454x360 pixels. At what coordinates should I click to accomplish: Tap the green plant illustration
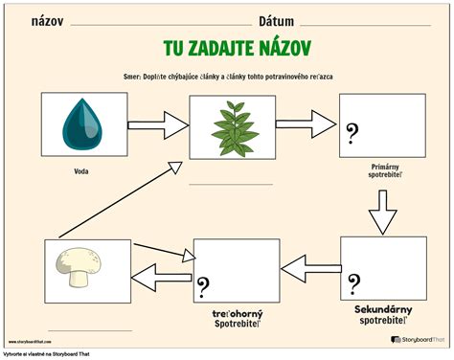(x=227, y=124)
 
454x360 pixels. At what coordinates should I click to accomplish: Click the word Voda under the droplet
(x=81, y=172)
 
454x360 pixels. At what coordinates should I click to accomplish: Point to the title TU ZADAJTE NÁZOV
(x=229, y=48)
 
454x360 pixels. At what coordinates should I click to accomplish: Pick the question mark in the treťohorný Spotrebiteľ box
(x=204, y=284)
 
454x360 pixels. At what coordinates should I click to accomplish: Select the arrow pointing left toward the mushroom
(x=162, y=278)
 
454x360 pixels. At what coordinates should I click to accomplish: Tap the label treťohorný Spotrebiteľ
(x=242, y=318)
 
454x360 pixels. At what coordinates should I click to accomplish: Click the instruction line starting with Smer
(x=228, y=75)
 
